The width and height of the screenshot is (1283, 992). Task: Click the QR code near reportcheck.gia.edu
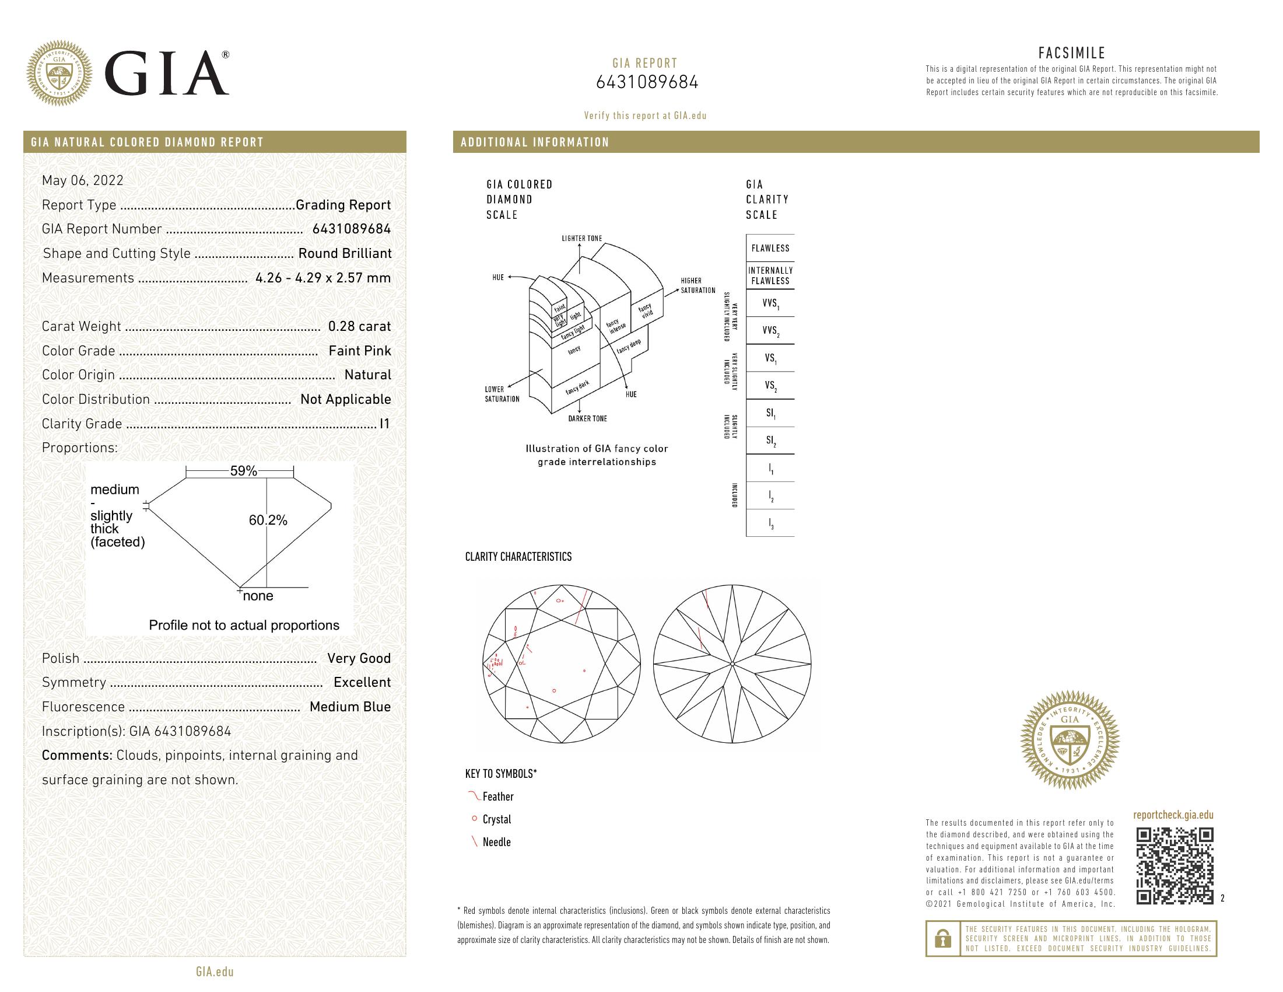click(x=1175, y=865)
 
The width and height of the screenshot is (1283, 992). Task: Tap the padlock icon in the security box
click(x=943, y=938)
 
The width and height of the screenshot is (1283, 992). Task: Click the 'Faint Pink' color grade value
click(x=359, y=351)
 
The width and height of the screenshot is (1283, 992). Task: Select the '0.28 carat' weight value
click(x=359, y=326)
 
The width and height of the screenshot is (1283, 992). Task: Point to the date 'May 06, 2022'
click(x=83, y=180)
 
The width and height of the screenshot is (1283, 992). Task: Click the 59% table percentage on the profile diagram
click(x=243, y=471)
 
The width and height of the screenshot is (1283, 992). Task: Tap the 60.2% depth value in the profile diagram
click(x=268, y=520)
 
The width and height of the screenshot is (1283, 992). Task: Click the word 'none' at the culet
click(x=258, y=596)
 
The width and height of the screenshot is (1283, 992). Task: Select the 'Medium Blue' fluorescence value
click(x=350, y=707)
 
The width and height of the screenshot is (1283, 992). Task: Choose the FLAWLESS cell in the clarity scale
click(x=770, y=248)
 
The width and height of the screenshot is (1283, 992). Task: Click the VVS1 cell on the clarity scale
click(x=770, y=303)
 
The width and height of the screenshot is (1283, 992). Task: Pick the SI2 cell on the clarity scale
click(x=770, y=441)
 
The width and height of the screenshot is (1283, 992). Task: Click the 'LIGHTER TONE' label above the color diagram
click(x=581, y=239)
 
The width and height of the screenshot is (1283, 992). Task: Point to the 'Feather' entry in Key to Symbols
click(x=497, y=797)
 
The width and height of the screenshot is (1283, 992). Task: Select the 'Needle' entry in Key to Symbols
click(x=496, y=842)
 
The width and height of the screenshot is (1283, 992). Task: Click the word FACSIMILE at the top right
click(x=1071, y=53)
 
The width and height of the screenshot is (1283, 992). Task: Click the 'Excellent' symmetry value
click(x=362, y=682)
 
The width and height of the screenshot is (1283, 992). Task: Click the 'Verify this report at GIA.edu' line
click(x=645, y=116)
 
